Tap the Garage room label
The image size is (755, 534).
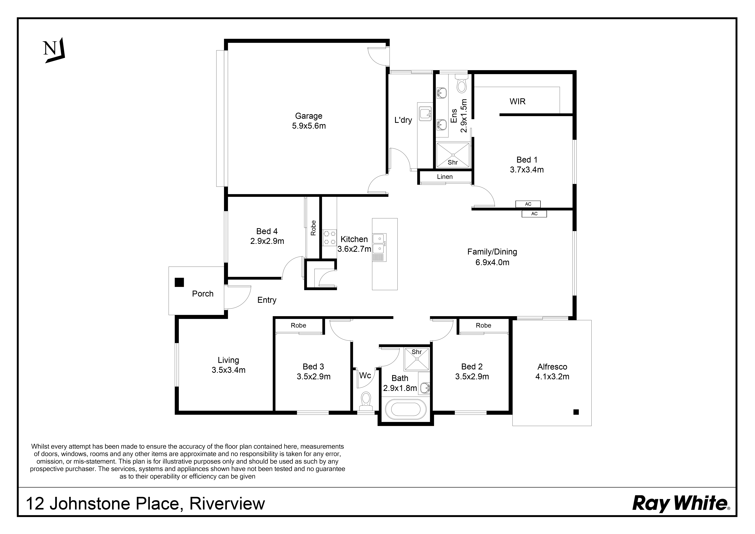[308, 116]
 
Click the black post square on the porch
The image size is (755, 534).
[179, 282]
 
